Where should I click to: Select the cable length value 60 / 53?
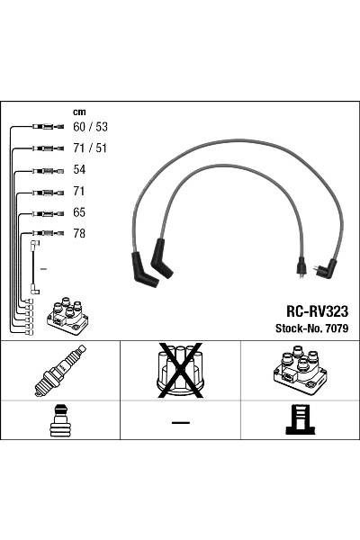(89, 127)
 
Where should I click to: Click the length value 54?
(79, 170)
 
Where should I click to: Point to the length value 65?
(79, 213)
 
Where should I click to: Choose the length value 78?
(79, 235)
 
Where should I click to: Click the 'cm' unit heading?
(79, 112)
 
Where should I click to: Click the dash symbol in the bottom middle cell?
(180, 421)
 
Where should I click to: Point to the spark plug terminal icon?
(59, 420)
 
